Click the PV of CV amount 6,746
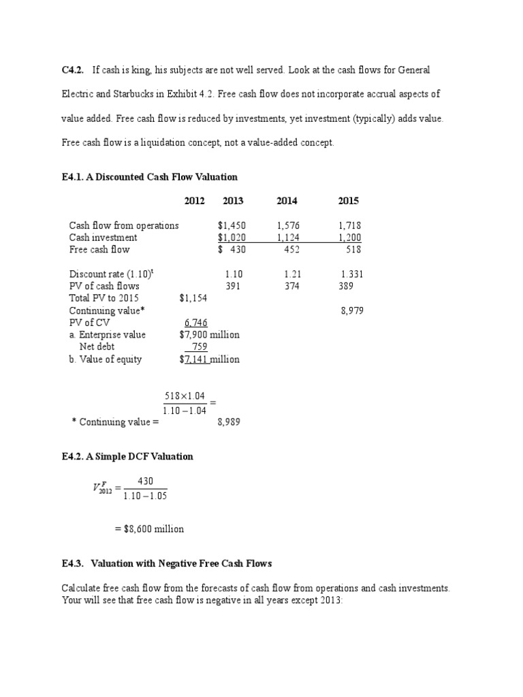(x=196, y=323)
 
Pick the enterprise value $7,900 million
(x=209, y=335)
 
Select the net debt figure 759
(x=199, y=347)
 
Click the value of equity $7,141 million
(x=209, y=359)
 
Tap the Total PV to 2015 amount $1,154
(x=193, y=298)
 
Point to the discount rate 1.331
(x=352, y=274)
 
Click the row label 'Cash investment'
(x=103, y=238)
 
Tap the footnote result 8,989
(x=229, y=422)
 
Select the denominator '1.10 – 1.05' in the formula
(x=145, y=496)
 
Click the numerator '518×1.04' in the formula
(x=185, y=396)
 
